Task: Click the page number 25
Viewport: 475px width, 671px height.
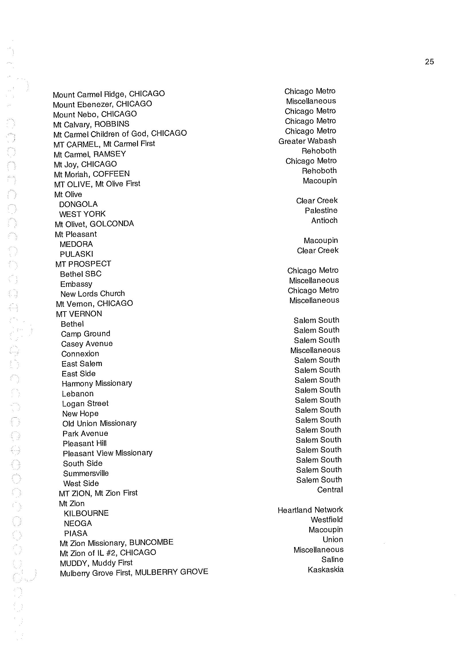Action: (x=429, y=62)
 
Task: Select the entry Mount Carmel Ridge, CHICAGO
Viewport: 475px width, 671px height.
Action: (x=108, y=94)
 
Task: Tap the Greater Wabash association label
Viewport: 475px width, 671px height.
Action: (x=307, y=141)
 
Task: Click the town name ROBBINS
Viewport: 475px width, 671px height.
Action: (x=112, y=124)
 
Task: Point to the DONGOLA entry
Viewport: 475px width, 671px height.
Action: (x=78, y=204)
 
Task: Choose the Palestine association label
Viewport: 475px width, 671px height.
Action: (x=321, y=211)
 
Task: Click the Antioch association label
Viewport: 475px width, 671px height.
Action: (x=324, y=221)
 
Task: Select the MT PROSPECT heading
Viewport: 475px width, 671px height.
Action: (x=83, y=264)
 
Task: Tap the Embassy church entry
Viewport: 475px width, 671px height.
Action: (x=76, y=284)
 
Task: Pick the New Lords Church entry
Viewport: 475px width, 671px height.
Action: (x=92, y=294)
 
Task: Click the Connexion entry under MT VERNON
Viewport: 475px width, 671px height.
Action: (x=80, y=354)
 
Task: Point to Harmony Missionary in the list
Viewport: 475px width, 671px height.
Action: (x=97, y=384)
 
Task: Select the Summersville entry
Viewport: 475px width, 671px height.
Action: (x=86, y=474)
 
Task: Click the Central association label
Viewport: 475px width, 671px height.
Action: (x=330, y=490)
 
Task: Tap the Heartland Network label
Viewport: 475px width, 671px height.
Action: (x=310, y=510)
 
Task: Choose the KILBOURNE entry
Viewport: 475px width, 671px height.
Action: (x=86, y=513)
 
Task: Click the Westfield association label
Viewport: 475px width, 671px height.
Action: (x=326, y=520)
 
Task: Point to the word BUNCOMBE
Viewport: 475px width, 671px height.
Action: (x=151, y=542)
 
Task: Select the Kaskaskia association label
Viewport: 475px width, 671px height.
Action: (x=326, y=570)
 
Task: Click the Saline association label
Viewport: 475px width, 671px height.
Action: (x=332, y=560)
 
